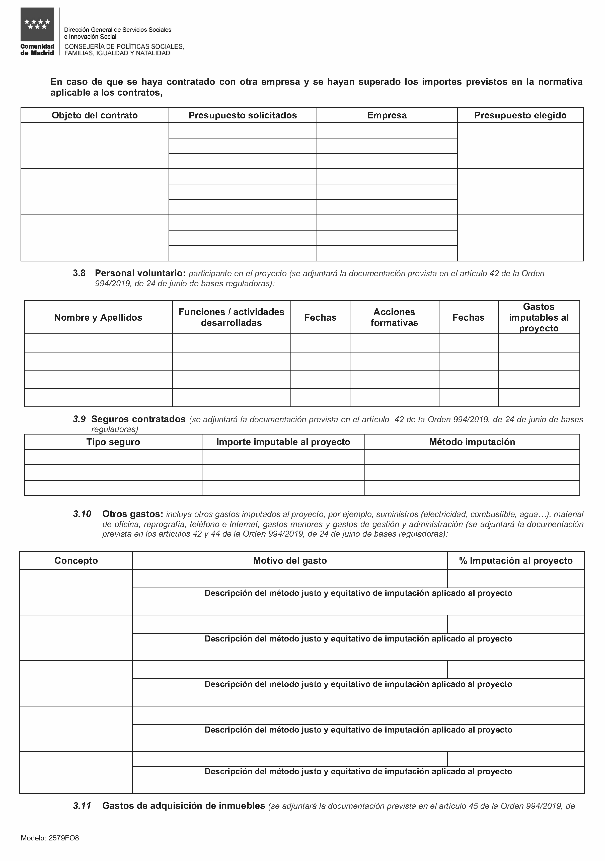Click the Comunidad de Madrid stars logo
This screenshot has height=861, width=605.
[x=37, y=24]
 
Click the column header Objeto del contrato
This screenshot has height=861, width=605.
[x=95, y=115]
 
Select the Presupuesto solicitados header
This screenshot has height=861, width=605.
[x=243, y=115]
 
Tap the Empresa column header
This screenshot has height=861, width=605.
[x=387, y=115]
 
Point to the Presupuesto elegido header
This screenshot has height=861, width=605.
[x=520, y=115]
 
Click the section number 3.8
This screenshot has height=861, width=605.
[x=79, y=273]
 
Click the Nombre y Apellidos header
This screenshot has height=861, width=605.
[x=98, y=317]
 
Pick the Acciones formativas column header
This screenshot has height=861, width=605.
[x=394, y=317]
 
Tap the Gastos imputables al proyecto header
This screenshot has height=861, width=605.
[x=539, y=317]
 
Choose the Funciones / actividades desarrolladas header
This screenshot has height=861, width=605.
[x=231, y=317]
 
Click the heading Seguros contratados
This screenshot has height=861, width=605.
[x=138, y=419]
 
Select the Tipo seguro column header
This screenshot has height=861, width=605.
[x=113, y=442]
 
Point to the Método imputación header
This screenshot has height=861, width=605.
[x=472, y=442]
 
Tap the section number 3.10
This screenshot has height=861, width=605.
[x=82, y=514]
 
